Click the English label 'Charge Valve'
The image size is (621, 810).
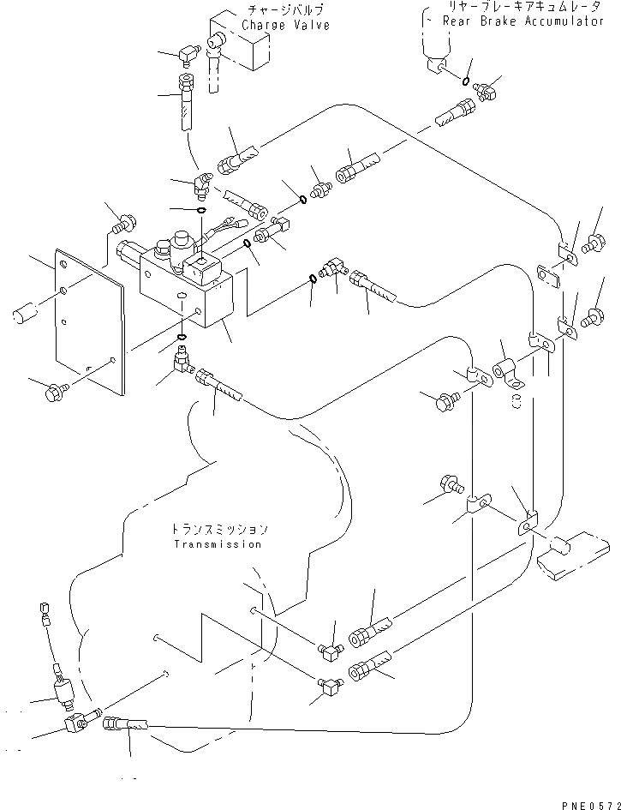pos(285,26)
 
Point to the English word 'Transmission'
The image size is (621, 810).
pos(217,543)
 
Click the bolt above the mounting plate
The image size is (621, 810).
pos(121,225)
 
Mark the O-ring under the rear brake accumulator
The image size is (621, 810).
pos(465,82)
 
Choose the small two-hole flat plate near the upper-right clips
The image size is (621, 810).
pos(548,273)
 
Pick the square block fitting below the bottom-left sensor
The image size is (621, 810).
pos(75,727)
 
